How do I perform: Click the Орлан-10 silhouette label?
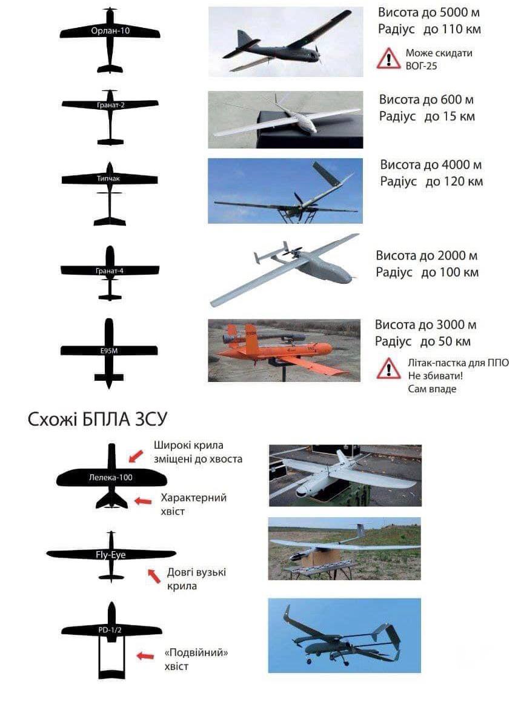click(110, 31)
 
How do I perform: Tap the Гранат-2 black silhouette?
click(110, 117)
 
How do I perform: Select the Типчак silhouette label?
click(108, 178)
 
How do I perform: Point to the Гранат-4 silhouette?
click(110, 273)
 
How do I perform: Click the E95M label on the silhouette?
click(109, 350)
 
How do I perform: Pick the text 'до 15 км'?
click(450, 116)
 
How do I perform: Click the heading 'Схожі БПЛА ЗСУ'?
click(98, 419)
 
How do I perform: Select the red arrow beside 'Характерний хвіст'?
click(143, 501)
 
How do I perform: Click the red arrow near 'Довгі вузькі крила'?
click(154, 575)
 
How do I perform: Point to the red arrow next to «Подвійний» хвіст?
click(145, 655)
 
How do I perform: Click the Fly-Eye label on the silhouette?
click(111, 555)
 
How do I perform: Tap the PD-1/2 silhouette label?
click(110, 630)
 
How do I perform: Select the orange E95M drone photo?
click(284, 350)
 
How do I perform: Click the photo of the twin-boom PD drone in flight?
click(344, 635)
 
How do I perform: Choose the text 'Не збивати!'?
click(435, 376)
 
